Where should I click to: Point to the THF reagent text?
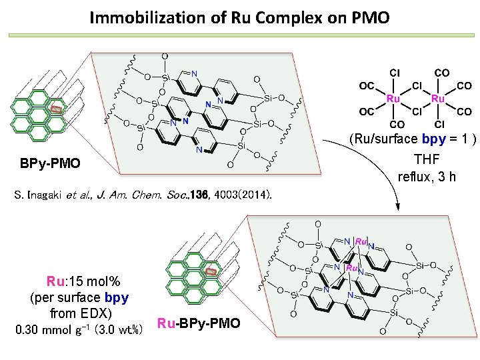tap(428, 160)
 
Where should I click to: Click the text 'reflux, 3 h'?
tap(427, 177)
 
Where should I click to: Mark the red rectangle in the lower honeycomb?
tap(211, 271)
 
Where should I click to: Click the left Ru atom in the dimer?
tap(393, 99)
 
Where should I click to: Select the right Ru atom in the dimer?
tap(438, 99)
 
